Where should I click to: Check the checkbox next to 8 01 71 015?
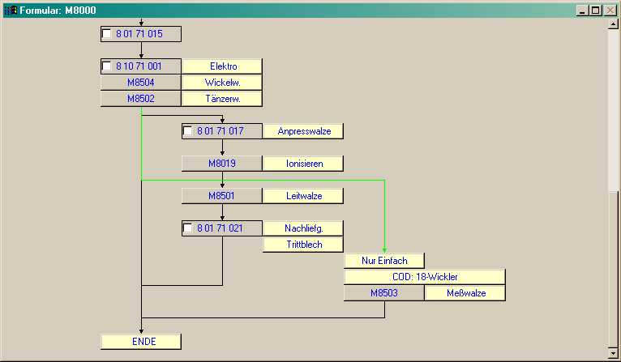click(107, 34)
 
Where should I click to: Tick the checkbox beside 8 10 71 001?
click(107, 66)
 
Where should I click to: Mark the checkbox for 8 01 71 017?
click(188, 131)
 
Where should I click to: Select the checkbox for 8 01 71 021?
click(188, 228)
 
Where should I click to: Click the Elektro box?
click(222, 66)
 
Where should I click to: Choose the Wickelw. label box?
click(222, 83)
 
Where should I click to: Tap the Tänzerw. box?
click(222, 99)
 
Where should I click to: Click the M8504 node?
click(141, 83)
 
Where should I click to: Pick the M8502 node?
click(141, 99)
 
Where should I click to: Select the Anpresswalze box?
click(303, 131)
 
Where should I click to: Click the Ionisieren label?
click(303, 164)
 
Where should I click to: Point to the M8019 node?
click(222, 164)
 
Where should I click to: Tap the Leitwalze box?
click(303, 196)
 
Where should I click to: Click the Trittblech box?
click(303, 245)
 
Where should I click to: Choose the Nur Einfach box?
click(384, 261)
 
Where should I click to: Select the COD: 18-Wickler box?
click(425, 277)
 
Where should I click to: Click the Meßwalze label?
click(465, 293)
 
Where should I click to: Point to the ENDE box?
click(141, 342)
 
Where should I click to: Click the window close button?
click(609, 10)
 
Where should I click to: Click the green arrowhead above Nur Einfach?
click(384, 250)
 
